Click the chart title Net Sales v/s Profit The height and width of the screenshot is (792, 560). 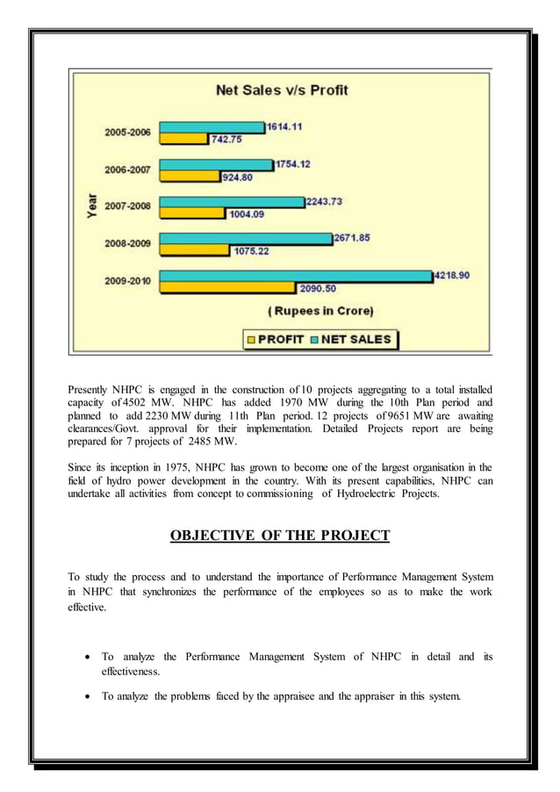[x=282, y=90]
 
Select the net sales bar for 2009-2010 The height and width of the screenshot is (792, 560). [x=295, y=276]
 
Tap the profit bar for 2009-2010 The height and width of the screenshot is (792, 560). [x=227, y=287]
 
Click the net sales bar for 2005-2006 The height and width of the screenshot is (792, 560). [x=212, y=127]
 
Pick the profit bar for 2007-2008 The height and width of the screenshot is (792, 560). [x=193, y=213]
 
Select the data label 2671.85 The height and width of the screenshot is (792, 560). [x=351, y=237]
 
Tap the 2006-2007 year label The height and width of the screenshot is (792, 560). [x=127, y=169]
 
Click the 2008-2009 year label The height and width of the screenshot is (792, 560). [x=127, y=243]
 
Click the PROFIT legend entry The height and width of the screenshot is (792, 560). [x=276, y=339]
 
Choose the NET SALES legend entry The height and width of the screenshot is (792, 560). [x=350, y=339]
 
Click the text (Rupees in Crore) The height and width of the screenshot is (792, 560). [x=319, y=310]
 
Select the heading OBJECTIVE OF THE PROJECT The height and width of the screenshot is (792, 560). [x=280, y=536]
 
